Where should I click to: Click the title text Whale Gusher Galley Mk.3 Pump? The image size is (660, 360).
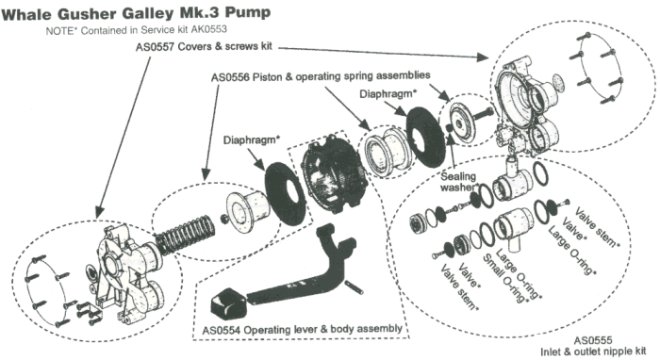click(136, 12)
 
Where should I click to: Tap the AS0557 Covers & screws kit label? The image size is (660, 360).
click(205, 46)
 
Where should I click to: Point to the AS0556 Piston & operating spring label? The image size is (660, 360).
click(321, 76)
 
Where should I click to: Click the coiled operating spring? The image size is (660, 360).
click(186, 236)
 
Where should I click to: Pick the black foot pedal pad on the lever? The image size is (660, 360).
click(228, 303)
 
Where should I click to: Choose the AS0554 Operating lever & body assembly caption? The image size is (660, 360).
click(303, 329)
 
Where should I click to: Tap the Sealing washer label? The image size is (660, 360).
click(459, 181)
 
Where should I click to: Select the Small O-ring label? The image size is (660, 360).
click(504, 279)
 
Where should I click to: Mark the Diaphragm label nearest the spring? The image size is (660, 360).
click(251, 140)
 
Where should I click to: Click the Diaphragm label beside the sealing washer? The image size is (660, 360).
click(388, 94)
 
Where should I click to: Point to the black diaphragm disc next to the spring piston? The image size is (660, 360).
click(285, 193)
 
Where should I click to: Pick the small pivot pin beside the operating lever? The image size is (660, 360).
click(355, 286)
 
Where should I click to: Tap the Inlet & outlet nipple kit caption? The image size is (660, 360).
click(593, 352)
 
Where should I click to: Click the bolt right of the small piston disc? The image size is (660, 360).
click(484, 113)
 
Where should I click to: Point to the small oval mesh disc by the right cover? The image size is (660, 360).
click(558, 80)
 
